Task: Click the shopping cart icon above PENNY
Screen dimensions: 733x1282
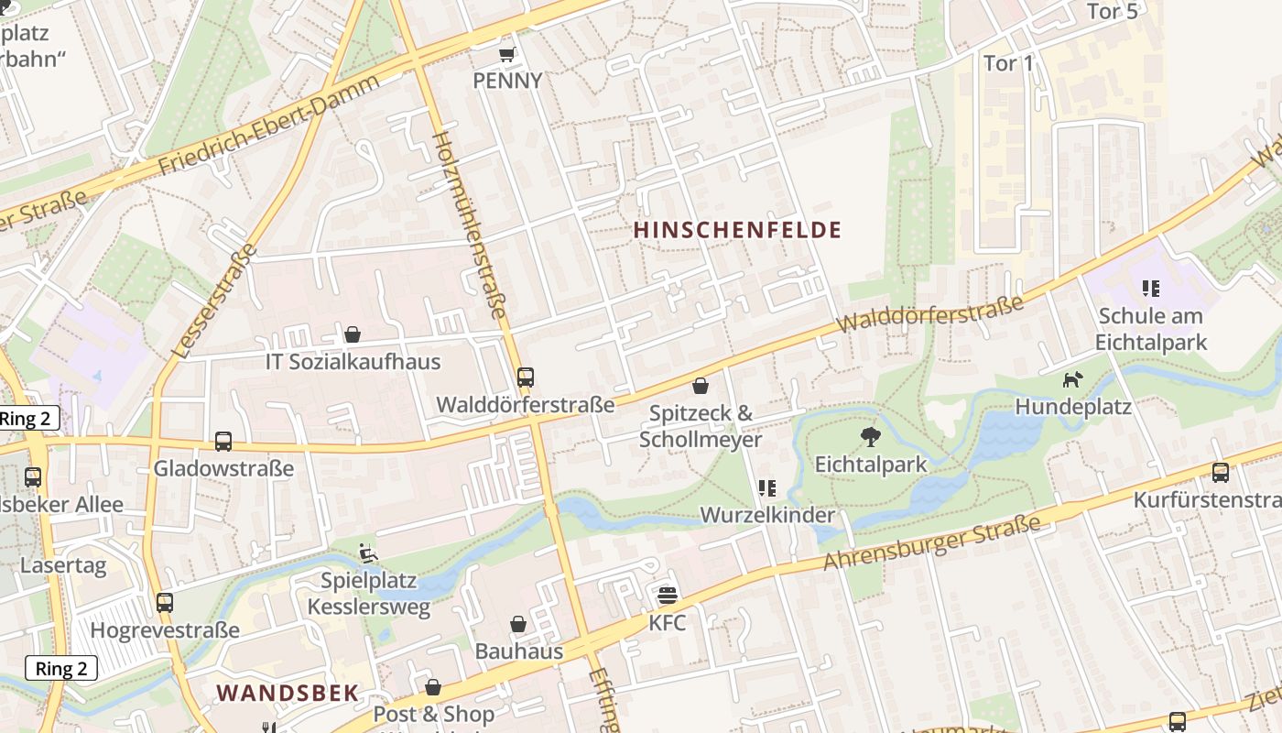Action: pos(506,54)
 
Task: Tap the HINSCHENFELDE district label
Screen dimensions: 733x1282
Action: pos(737,230)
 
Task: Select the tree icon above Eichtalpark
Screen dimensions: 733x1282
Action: pos(871,437)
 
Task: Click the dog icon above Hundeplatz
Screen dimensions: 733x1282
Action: pos(1072,378)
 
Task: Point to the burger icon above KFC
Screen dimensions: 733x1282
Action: pos(668,596)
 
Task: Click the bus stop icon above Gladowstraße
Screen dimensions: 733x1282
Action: pos(223,442)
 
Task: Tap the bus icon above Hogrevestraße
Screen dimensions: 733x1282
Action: pos(165,603)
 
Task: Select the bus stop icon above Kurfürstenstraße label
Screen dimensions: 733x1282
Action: pos(1221,473)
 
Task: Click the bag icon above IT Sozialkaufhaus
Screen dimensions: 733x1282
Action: pos(353,334)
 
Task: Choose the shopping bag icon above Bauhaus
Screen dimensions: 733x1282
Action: pos(518,624)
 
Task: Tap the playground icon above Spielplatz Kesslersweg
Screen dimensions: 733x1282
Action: pos(367,553)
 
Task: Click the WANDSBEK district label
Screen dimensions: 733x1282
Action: pos(288,693)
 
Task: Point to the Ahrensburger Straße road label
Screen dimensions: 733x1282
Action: pos(932,542)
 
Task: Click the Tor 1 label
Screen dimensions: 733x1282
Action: pos(1007,63)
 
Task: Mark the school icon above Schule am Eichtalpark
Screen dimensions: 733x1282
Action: pos(1151,290)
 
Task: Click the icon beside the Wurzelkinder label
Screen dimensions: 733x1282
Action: pos(767,488)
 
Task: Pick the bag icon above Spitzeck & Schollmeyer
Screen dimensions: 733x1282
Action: pos(701,386)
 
